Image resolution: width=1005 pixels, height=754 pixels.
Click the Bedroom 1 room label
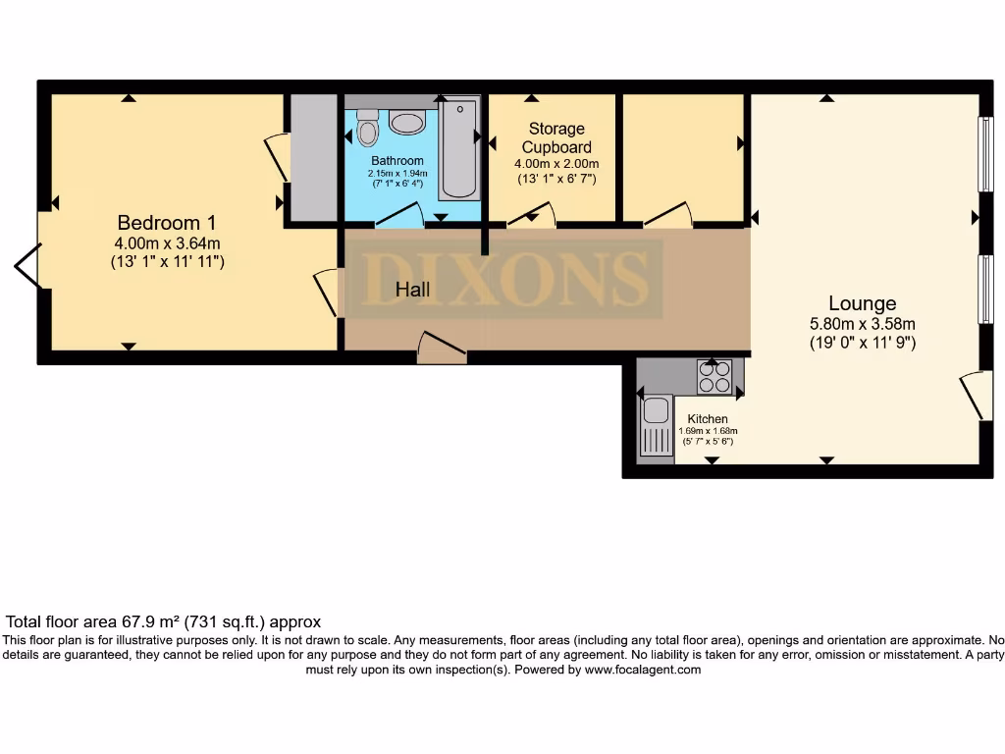(x=166, y=222)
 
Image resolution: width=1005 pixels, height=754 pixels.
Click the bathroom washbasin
(x=406, y=122)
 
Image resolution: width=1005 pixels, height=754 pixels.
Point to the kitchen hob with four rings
(x=714, y=377)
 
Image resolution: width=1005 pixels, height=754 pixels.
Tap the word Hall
(x=413, y=290)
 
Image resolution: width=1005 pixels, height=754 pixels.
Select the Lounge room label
(x=862, y=303)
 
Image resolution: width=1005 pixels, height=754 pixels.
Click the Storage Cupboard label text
(x=556, y=138)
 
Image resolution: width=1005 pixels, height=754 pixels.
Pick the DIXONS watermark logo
(x=505, y=279)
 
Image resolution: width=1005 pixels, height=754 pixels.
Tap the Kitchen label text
(x=708, y=419)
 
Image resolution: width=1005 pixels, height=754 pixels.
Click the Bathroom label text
(x=397, y=161)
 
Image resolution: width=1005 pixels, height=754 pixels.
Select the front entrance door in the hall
(x=441, y=348)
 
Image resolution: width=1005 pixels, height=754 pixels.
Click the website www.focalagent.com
(x=643, y=670)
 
